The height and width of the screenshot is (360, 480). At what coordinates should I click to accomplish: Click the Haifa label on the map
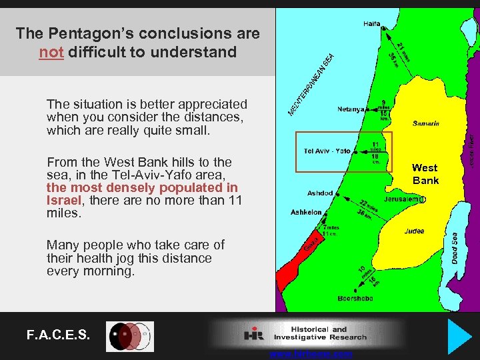pyautogui.click(x=372, y=24)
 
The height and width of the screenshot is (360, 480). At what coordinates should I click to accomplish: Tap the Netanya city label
pyautogui.click(x=351, y=109)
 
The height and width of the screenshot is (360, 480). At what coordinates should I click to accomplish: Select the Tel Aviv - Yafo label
pyautogui.click(x=327, y=151)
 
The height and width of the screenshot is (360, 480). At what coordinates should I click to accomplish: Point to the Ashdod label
pyautogui.click(x=320, y=193)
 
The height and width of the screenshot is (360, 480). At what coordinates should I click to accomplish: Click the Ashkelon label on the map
pyautogui.click(x=306, y=212)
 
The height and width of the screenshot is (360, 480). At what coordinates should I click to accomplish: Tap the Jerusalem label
pyautogui.click(x=403, y=199)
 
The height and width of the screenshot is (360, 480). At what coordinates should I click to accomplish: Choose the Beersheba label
pyautogui.click(x=355, y=299)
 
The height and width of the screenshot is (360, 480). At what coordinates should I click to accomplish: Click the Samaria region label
pyautogui.click(x=426, y=123)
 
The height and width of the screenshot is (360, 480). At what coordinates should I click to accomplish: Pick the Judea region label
pyautogui.click(x=414, y=232)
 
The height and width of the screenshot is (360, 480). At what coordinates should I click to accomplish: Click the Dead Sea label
pyautogui.click(x=454, y=247)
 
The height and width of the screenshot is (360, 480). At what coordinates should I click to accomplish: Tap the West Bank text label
pyautogui.click(x=425, y=174)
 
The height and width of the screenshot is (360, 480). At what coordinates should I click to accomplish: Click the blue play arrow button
pyautogui.click(x=459, y=335)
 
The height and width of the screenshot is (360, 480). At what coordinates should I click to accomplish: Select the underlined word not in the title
pyautogui.click(x=51, y=52)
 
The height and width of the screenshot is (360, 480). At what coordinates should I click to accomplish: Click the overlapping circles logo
pyautogui.click(x=130, y=336)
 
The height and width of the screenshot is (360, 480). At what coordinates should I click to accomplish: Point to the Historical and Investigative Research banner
pyautogui.click(x=307, y=333)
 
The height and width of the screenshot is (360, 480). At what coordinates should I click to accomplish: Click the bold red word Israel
pyautogui.click(x=63, y=201)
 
